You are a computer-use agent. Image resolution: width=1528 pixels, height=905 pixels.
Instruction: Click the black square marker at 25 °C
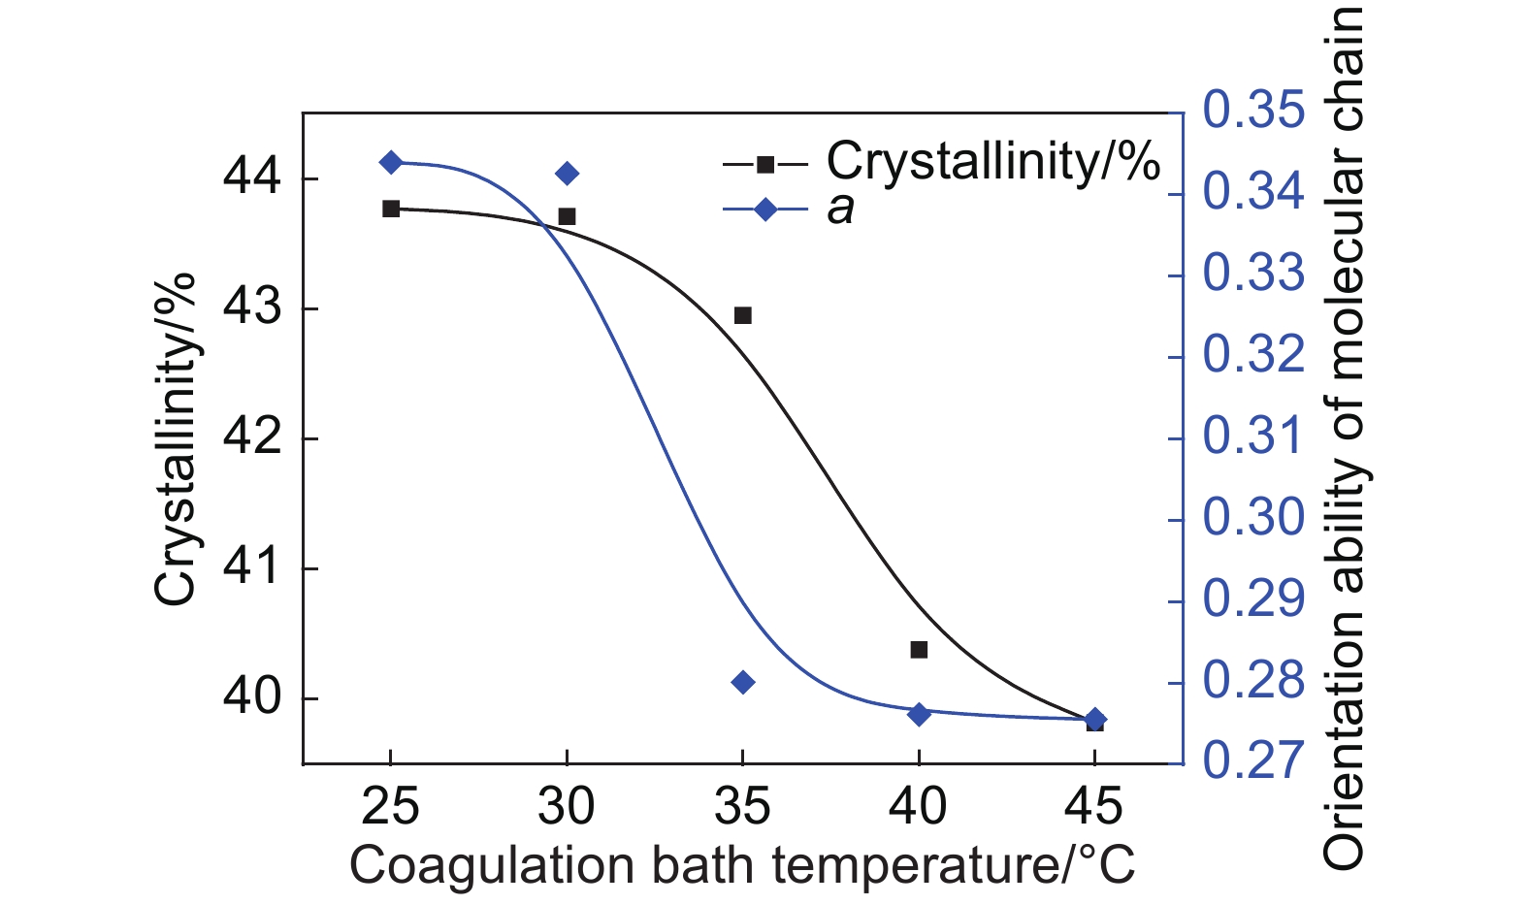pyautogui.click(x=391, y=209)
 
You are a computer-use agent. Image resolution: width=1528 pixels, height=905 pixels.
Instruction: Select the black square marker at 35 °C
pyautogui.click(x=743, y=315)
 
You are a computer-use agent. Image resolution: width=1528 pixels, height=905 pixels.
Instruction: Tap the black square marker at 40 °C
pyautogui.click(x=919, y=650)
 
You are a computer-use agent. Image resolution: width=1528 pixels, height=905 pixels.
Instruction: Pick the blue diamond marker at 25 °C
pyautogui.click(x=391, y=162)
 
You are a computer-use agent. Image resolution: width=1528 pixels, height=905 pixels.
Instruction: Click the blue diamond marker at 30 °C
pyautogui.click(x=568, y=174)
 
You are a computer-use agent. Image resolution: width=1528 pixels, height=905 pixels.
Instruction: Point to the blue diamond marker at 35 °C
pyautogui.click(x=743, y=683)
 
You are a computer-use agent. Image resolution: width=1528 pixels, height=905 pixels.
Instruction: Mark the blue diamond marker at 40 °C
pyautogui.click(x=919, y=715)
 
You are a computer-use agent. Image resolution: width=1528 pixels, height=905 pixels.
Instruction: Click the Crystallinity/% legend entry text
pyautogui.click(x=992, y=162)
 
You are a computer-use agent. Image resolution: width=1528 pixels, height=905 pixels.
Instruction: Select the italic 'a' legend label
pyautogui.click(x=840, y=209)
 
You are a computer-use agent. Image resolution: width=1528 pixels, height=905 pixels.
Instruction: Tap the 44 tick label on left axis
pyautogui.click(x=252, y=178)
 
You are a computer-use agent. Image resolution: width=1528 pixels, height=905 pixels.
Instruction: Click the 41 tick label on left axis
pyautogui.click(x=252, y=568)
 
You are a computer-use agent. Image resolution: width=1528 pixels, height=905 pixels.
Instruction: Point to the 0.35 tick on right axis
pyautogui.click(x=1253, y=111)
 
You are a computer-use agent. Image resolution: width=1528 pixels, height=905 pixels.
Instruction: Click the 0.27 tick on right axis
pyautogui.click(x=1253, y=761)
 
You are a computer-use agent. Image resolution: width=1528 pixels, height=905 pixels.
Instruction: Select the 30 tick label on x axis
pyautogui.click(x=568, y=807)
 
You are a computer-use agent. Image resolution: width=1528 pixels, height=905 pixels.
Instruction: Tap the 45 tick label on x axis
pyautogui.click(x=1094, y=807)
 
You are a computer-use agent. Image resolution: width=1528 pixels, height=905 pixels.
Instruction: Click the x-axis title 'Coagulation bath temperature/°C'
pyautogui.click(x=742, y=866)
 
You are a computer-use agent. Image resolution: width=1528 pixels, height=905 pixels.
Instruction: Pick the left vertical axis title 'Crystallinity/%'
pyautogui.click(x=177, y=438)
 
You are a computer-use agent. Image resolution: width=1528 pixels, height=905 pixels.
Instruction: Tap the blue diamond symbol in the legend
pyautogui.click(x=765, y=209)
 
